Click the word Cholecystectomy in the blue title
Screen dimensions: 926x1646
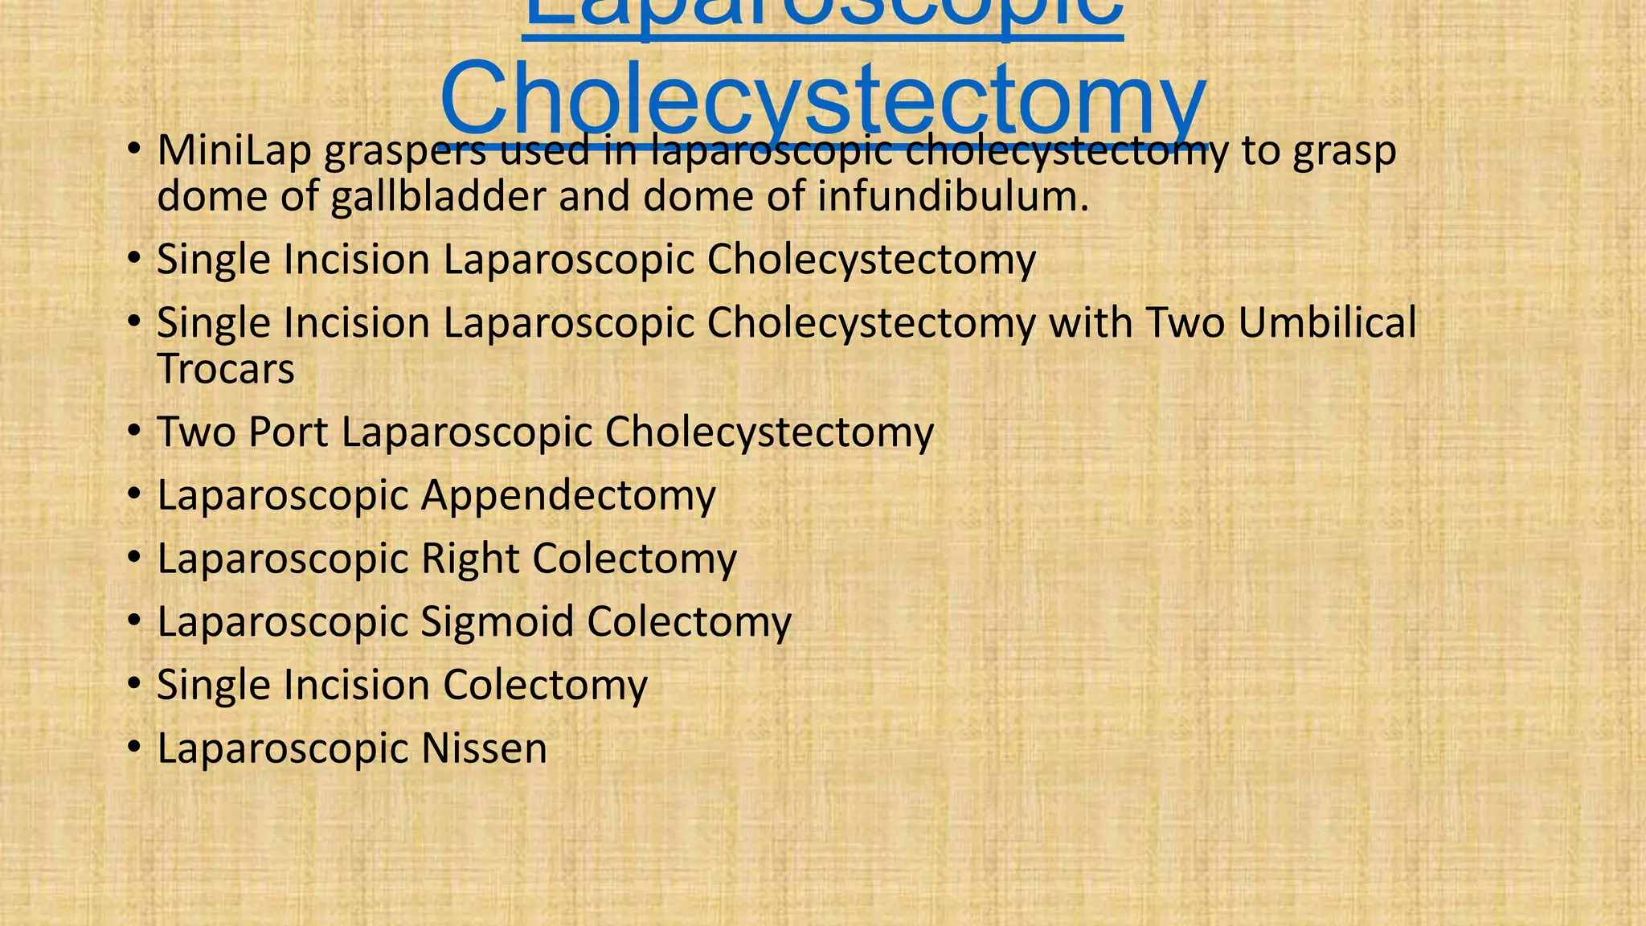click(x=823, y=100)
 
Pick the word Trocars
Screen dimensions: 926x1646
click(x=226, y=369)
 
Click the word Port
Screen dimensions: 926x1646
click(x=289, y=432)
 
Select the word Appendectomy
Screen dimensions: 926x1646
click(x=568, y=495)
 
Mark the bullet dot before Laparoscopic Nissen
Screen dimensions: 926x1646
click(x=134, y=749)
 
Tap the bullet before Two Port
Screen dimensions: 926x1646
click(x=134, y=433)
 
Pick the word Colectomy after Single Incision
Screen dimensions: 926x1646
click(x=545, y=684)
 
